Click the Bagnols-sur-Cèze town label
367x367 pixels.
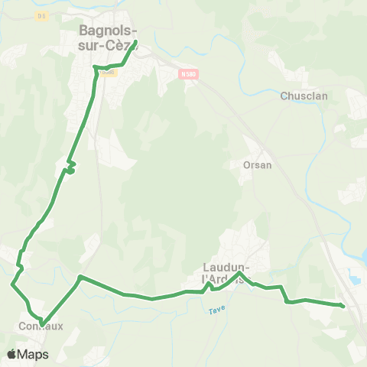108,37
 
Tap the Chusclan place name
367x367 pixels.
304,96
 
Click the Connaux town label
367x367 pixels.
39,326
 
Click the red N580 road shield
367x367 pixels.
189,74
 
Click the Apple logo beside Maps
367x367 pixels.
11,354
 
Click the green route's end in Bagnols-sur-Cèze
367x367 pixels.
135,41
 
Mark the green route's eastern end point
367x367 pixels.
342,306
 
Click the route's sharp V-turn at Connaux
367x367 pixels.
43,323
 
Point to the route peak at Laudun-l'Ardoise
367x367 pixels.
240,273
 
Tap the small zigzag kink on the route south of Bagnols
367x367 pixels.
70,167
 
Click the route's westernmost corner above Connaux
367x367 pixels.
12,284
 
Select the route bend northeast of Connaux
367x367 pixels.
80,277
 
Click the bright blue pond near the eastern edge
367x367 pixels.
357,281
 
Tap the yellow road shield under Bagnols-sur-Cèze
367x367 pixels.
108,73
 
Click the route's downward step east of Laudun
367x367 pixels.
284,297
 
